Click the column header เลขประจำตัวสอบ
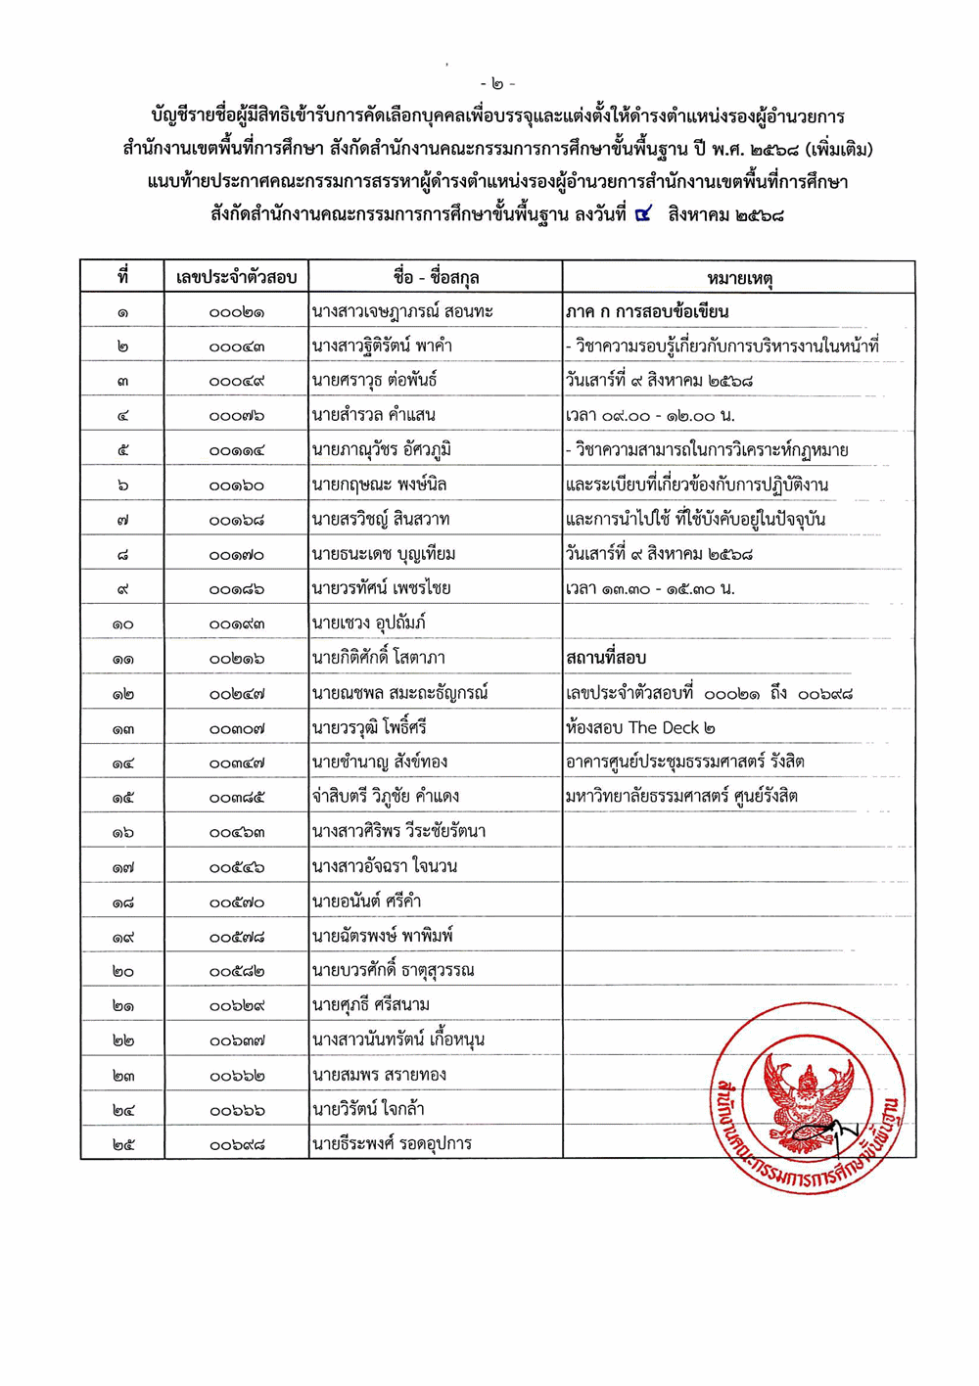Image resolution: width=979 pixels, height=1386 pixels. pyautogui.click(x=236, y=278)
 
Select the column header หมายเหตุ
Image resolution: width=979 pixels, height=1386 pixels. pyautogui.click(x=739, y=279)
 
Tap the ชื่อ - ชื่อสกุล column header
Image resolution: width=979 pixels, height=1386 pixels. pyautogui.click(x=436, y=278)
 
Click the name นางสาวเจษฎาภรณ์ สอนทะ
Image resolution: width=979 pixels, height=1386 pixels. pyautogui.click(x=401, y=312)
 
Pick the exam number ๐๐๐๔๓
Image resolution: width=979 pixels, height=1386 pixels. pyautogui.click(x=236, y=346)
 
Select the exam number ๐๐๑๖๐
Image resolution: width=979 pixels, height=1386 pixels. pyautogui.click(x=236, y=485)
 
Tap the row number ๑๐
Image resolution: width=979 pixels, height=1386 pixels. pyautogui.click(x=122, y=624)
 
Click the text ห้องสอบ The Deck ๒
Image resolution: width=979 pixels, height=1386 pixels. pyautogui.click(x=640, y=727)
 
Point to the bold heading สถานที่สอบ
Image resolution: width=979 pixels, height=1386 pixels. pyautogui.click(x=606, y=658)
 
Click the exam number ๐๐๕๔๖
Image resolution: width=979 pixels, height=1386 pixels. pyautogui.click(x=236, y=867)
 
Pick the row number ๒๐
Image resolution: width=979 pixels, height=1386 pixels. pyautogui.click(x=122, y=971)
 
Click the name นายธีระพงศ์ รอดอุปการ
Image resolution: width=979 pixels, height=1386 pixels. pyautogui.click(x=391, y=1144)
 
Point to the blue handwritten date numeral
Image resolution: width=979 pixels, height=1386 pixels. pyautogui.click(x=643, y=213)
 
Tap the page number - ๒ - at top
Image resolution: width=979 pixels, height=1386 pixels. pyautogui.click(x=498, y=83)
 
